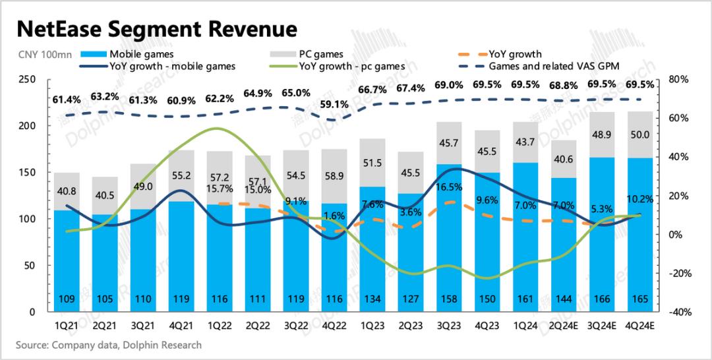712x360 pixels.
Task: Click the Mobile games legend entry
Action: coord(142,54)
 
